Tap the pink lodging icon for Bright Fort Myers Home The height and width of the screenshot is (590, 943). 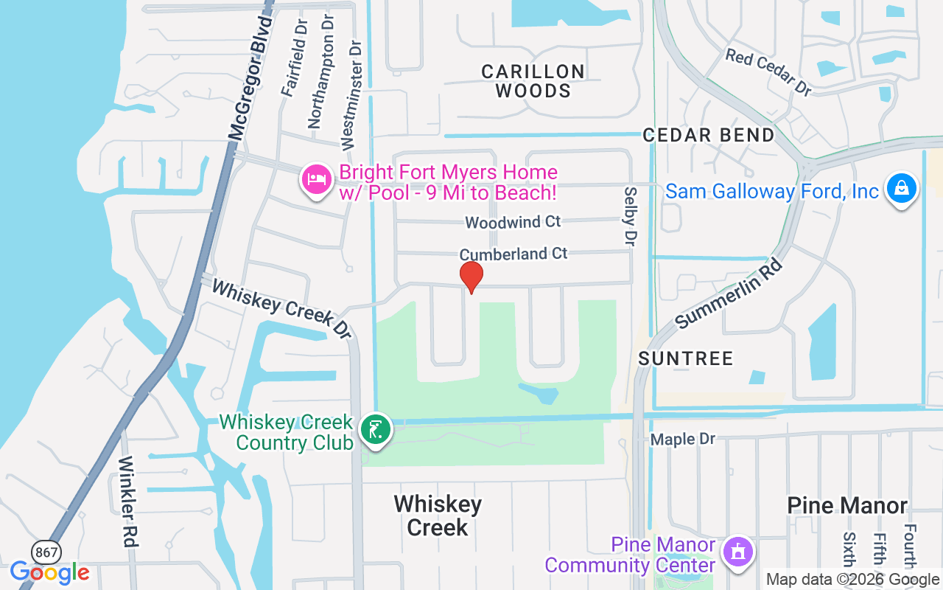point(318,179)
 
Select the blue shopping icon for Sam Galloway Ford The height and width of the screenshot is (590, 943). point(901,188)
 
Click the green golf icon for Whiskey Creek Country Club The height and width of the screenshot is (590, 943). point(375,429)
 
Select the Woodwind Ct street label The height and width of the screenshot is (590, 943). point(513,221)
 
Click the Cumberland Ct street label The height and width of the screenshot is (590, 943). point(513,254)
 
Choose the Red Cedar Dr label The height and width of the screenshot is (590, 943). point(768,72)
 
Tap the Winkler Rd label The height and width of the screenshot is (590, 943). point(127,502)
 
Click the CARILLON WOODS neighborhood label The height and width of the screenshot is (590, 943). point(533,81)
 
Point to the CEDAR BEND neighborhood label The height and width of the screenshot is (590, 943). point(709,136)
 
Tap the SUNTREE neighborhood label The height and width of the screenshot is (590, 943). point(686,359)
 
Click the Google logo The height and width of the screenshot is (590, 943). point(50,572)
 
